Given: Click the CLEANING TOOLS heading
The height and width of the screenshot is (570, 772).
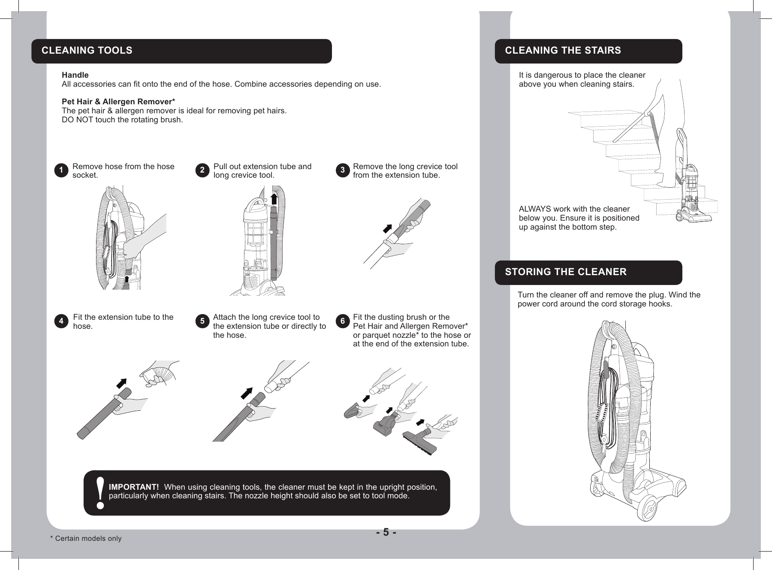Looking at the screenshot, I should pos(87,51).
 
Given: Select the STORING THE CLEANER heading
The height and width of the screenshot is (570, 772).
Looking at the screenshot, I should pos(565,272).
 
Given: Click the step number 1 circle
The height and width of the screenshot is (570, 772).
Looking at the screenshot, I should pos(61,170).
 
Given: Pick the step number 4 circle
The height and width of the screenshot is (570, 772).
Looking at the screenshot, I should pos(61,321).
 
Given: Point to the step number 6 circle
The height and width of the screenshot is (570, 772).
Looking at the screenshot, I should pos(342,321).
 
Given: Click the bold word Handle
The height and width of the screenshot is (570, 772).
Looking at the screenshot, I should pos(75,75).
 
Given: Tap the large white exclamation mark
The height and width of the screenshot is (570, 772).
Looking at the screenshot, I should pos(100,493).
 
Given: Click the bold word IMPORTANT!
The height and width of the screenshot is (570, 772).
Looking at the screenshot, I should pos(134,487).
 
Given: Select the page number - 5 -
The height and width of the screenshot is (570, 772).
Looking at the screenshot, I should pos(386,533).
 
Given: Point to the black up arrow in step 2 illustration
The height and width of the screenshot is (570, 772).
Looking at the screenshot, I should pos(273,200).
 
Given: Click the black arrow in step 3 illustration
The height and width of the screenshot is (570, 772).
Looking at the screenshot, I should pos(388,229).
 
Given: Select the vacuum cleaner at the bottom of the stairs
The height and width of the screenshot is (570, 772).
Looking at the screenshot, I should pos(691,189).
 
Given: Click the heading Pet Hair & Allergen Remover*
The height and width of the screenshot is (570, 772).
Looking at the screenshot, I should pos(118,102).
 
